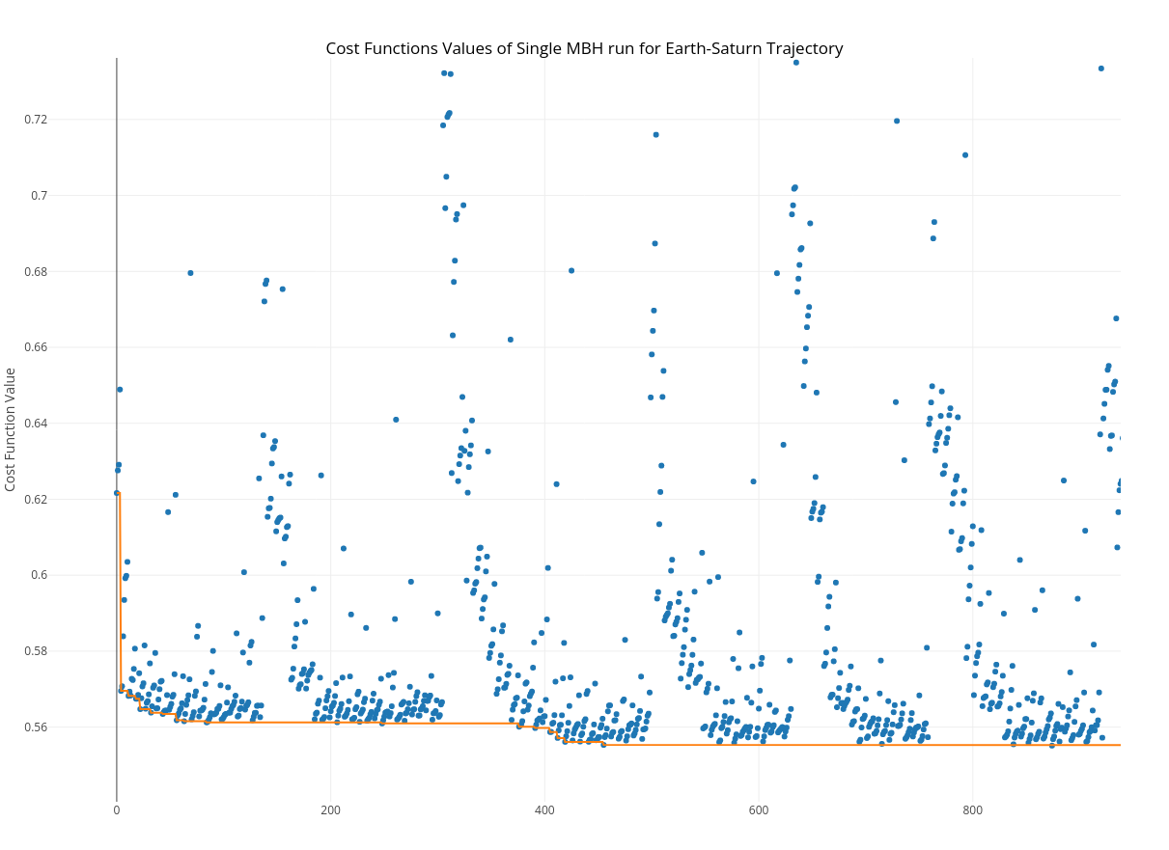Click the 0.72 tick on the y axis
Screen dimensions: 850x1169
tap(35, 120)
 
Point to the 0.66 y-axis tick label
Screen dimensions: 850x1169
tap(35, 347)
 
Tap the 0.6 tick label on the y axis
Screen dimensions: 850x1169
tap(39, 575)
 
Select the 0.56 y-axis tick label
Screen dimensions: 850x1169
tap(35, 727)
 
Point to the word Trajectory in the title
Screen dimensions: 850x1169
tap(807, 48)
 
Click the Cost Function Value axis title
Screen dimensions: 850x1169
tap(11, 429)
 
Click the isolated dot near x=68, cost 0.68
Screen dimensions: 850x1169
tap(190, 273)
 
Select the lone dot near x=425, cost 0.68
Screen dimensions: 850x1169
tap(571, 271)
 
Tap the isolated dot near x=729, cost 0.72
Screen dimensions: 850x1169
tap(897, 122)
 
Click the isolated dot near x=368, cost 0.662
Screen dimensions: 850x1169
tap(511, 340)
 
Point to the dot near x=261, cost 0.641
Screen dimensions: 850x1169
tap(396, 420)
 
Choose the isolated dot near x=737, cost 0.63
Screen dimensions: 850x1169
tap(905, 460)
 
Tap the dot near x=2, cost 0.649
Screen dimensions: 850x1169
tap(120, 390)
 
